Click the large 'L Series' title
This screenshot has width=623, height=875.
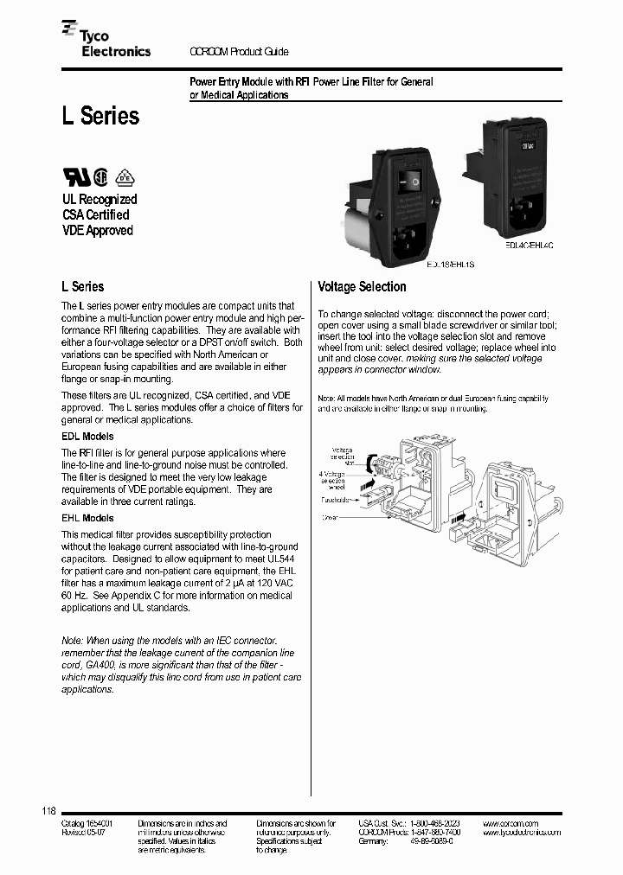pos(100,116)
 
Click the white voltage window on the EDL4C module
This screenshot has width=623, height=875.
pos(525,147)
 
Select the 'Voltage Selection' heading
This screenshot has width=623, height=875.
pos(362,286)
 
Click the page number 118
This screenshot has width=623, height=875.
pos(48,811)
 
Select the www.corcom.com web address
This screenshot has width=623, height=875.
pos(511,823)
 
